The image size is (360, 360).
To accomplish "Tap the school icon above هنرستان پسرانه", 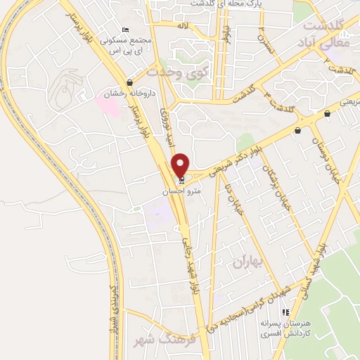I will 285,312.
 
